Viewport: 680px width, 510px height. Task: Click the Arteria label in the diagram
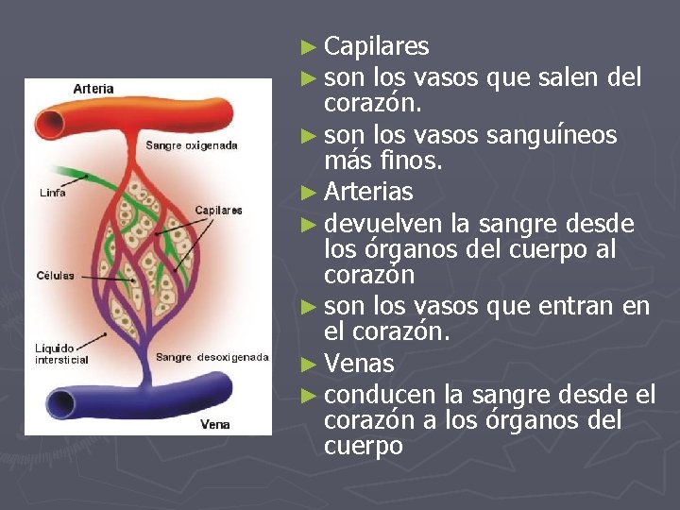click(x=93, y=89)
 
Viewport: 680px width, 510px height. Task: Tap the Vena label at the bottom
click(x=214, y=425)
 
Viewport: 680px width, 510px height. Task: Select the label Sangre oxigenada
click(x=192, y=145)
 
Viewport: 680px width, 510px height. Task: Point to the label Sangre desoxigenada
click(x=212, y=357)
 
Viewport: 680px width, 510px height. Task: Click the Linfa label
click(x=52, y=193)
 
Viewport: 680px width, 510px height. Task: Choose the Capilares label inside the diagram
click(x=218, y=210)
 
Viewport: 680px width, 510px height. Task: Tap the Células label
click(x=55, y=276)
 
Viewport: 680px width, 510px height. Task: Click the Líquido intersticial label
click(x=60, y=353)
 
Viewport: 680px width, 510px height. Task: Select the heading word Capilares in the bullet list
click(x=376, y=46)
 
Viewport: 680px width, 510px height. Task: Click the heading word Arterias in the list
click(x=368, y=192)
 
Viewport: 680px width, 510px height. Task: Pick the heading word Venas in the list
click(x=359, y=364)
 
